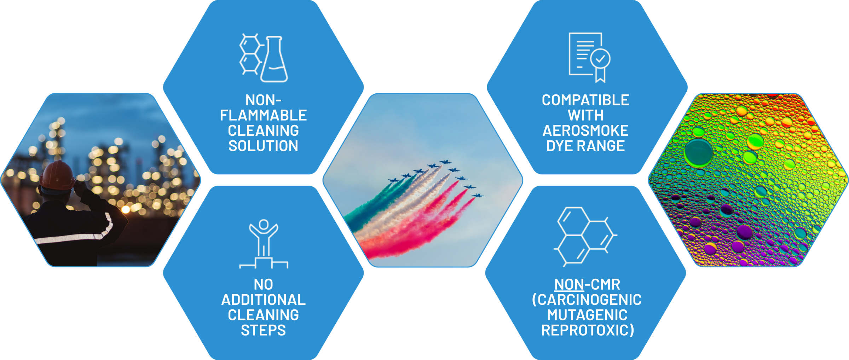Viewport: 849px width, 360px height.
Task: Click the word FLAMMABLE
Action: pos(263,115)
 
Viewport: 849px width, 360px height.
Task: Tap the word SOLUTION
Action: pos(263,146)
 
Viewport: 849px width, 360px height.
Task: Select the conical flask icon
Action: pos(274,59)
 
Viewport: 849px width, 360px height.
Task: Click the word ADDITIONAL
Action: pos(263,300)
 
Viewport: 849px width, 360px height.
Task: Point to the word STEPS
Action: pos(263,330)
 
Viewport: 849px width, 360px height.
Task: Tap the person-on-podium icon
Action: pos(264,244)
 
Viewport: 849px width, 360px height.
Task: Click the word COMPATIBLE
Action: pos(585,100)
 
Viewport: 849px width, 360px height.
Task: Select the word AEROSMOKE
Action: pos(585,130)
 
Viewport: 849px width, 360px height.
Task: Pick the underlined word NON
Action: pos(569,284)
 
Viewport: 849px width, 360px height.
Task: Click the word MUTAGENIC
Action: pos(587,315)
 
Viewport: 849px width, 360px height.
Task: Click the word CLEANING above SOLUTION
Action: pos(263,130)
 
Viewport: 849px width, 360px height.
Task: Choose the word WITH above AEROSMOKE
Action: pos(585,115)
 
